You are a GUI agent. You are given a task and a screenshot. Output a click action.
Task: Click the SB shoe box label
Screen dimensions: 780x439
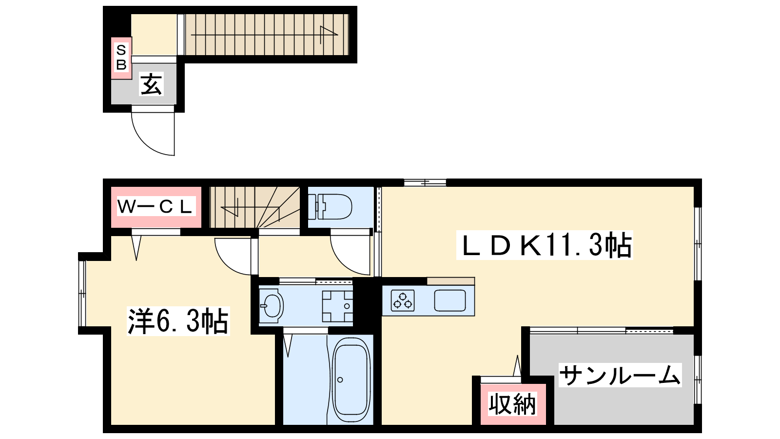coord(121,58)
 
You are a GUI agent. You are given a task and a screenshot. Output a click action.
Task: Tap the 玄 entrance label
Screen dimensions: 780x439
coord(151,84)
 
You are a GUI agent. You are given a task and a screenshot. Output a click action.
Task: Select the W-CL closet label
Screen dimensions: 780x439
coord(155,207)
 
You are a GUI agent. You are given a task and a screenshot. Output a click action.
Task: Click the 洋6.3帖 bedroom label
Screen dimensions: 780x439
coord(178,321)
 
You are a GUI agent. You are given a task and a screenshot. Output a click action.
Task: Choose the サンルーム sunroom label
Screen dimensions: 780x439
coord(620,375)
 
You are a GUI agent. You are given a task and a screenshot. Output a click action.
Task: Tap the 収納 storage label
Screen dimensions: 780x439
coord(512,403)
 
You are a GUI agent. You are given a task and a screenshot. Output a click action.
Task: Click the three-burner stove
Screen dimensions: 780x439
coord(403,301)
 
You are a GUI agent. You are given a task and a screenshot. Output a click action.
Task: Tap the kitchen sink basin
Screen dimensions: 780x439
coord(450,300)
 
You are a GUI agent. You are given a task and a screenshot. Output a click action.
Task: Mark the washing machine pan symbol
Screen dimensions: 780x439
coord(337,306)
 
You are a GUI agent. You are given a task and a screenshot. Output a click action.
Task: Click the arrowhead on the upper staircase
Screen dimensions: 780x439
coord(329,31)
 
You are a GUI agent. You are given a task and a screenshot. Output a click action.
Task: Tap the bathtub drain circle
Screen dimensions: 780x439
coord(340,380)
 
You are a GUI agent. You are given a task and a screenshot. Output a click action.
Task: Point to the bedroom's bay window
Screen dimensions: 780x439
coord(82,293)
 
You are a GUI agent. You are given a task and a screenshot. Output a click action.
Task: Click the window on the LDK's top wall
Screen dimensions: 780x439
coord(425,182)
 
